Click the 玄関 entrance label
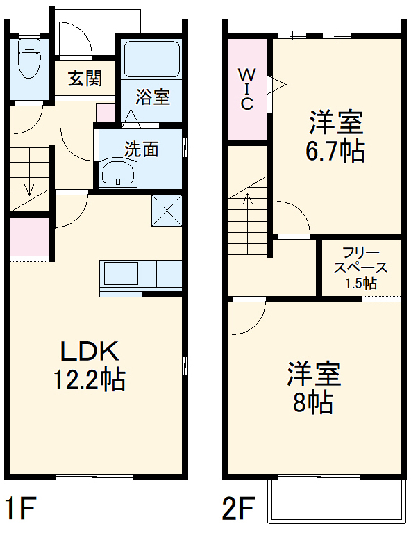click(85, 78)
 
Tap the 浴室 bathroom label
click(152, 97)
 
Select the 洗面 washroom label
click(141, 148)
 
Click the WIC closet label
click(247, 88)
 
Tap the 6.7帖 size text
click(336, 151)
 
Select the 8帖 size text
click(313, 402)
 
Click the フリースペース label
click(360, 261)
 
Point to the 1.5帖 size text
click(360, 284)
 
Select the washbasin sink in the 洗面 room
click(119, 172)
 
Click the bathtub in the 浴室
click(152, 59)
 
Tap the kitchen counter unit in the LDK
click(141, 276)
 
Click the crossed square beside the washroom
click(167, 211)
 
